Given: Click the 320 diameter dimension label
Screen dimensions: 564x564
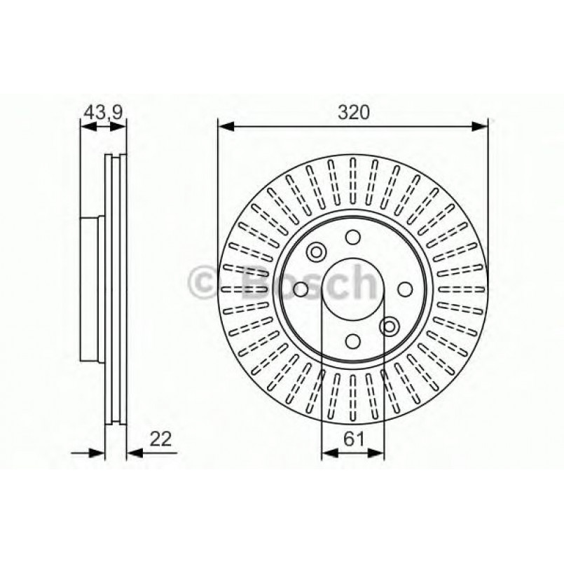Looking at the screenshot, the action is click(354, 113).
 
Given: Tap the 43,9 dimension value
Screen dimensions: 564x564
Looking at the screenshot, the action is click(104, 112).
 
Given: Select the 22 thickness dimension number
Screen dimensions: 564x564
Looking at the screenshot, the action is click(160, 439).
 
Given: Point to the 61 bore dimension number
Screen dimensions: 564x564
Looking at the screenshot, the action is click(354, 439).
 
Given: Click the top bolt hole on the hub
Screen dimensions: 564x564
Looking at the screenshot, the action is click(353, 237).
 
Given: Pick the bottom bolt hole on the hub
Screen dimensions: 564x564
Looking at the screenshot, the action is click(353, 341).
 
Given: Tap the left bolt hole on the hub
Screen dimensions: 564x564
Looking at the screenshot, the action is click(301, 289).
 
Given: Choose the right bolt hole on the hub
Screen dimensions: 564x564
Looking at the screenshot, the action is click(405, 289).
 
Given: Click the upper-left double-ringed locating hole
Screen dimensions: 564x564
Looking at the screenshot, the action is click(316, 252).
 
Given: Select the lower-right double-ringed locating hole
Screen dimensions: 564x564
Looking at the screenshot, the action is click(390, 326).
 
